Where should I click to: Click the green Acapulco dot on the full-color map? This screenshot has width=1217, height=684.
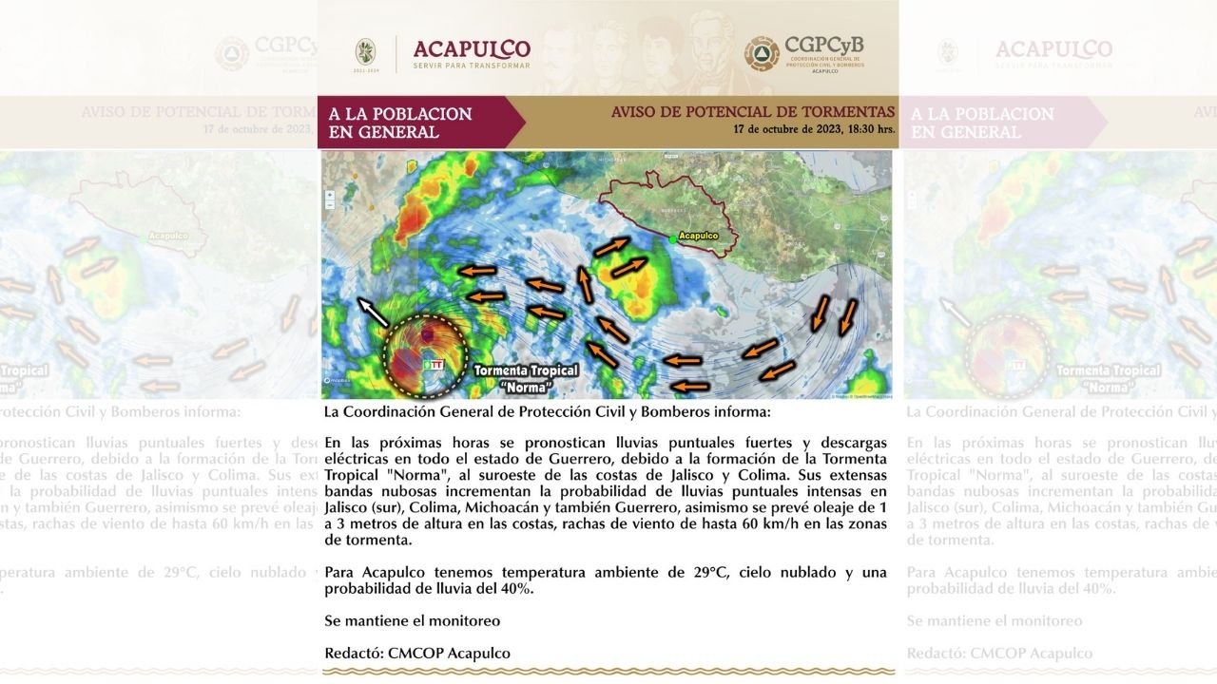point(673,239)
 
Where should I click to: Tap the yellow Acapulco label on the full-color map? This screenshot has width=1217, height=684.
point(699,236)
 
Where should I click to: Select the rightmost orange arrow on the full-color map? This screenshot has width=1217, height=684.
point(847,316)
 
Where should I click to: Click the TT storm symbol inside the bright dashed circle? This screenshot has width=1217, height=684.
point(432,363)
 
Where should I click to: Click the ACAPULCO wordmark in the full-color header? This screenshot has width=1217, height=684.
point(472,49)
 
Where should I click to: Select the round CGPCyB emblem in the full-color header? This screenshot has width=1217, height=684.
point(762,54)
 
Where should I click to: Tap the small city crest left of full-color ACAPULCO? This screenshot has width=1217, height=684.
point(365,52)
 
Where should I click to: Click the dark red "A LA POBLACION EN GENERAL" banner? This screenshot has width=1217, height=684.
point(409,123)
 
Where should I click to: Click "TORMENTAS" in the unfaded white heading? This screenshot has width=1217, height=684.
point(847,112)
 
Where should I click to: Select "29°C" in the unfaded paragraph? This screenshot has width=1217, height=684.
point(712,572)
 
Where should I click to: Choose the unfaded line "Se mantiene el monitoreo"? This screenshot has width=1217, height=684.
point(412,620)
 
